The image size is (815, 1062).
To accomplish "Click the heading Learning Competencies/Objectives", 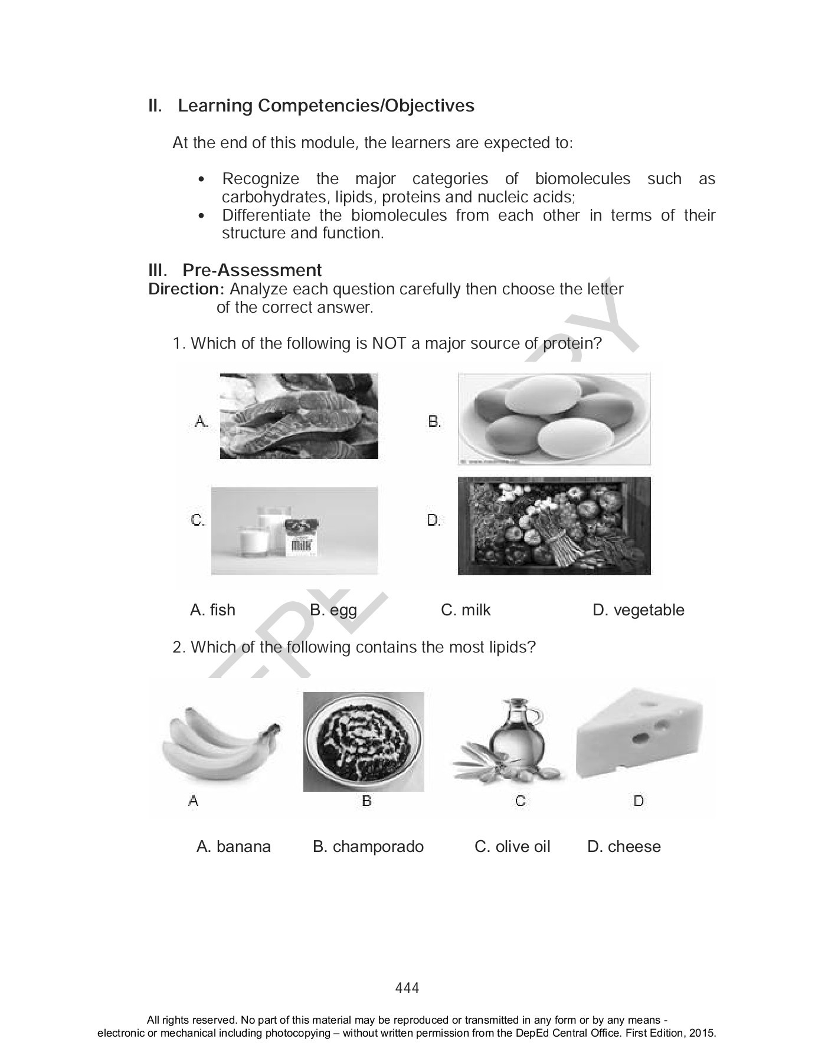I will click(326, 106).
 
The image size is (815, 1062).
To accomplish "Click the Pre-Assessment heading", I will click(252, 270).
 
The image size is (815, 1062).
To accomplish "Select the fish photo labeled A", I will click(299, 416).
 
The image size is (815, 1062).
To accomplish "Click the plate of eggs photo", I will click(554, 418).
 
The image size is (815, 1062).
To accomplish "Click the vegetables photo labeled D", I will click(554, 525).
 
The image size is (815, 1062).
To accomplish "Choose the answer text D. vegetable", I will click(638, 610).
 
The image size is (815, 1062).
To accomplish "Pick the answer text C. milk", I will click(465, 610).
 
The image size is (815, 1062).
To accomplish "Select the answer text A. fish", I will click(212, 610).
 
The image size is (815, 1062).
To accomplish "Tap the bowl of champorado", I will click(364, 742).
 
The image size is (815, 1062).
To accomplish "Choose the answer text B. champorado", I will click(368, 847).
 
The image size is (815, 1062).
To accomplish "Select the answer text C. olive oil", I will click(512, 847).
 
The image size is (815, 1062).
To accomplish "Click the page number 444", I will click(407, 988).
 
